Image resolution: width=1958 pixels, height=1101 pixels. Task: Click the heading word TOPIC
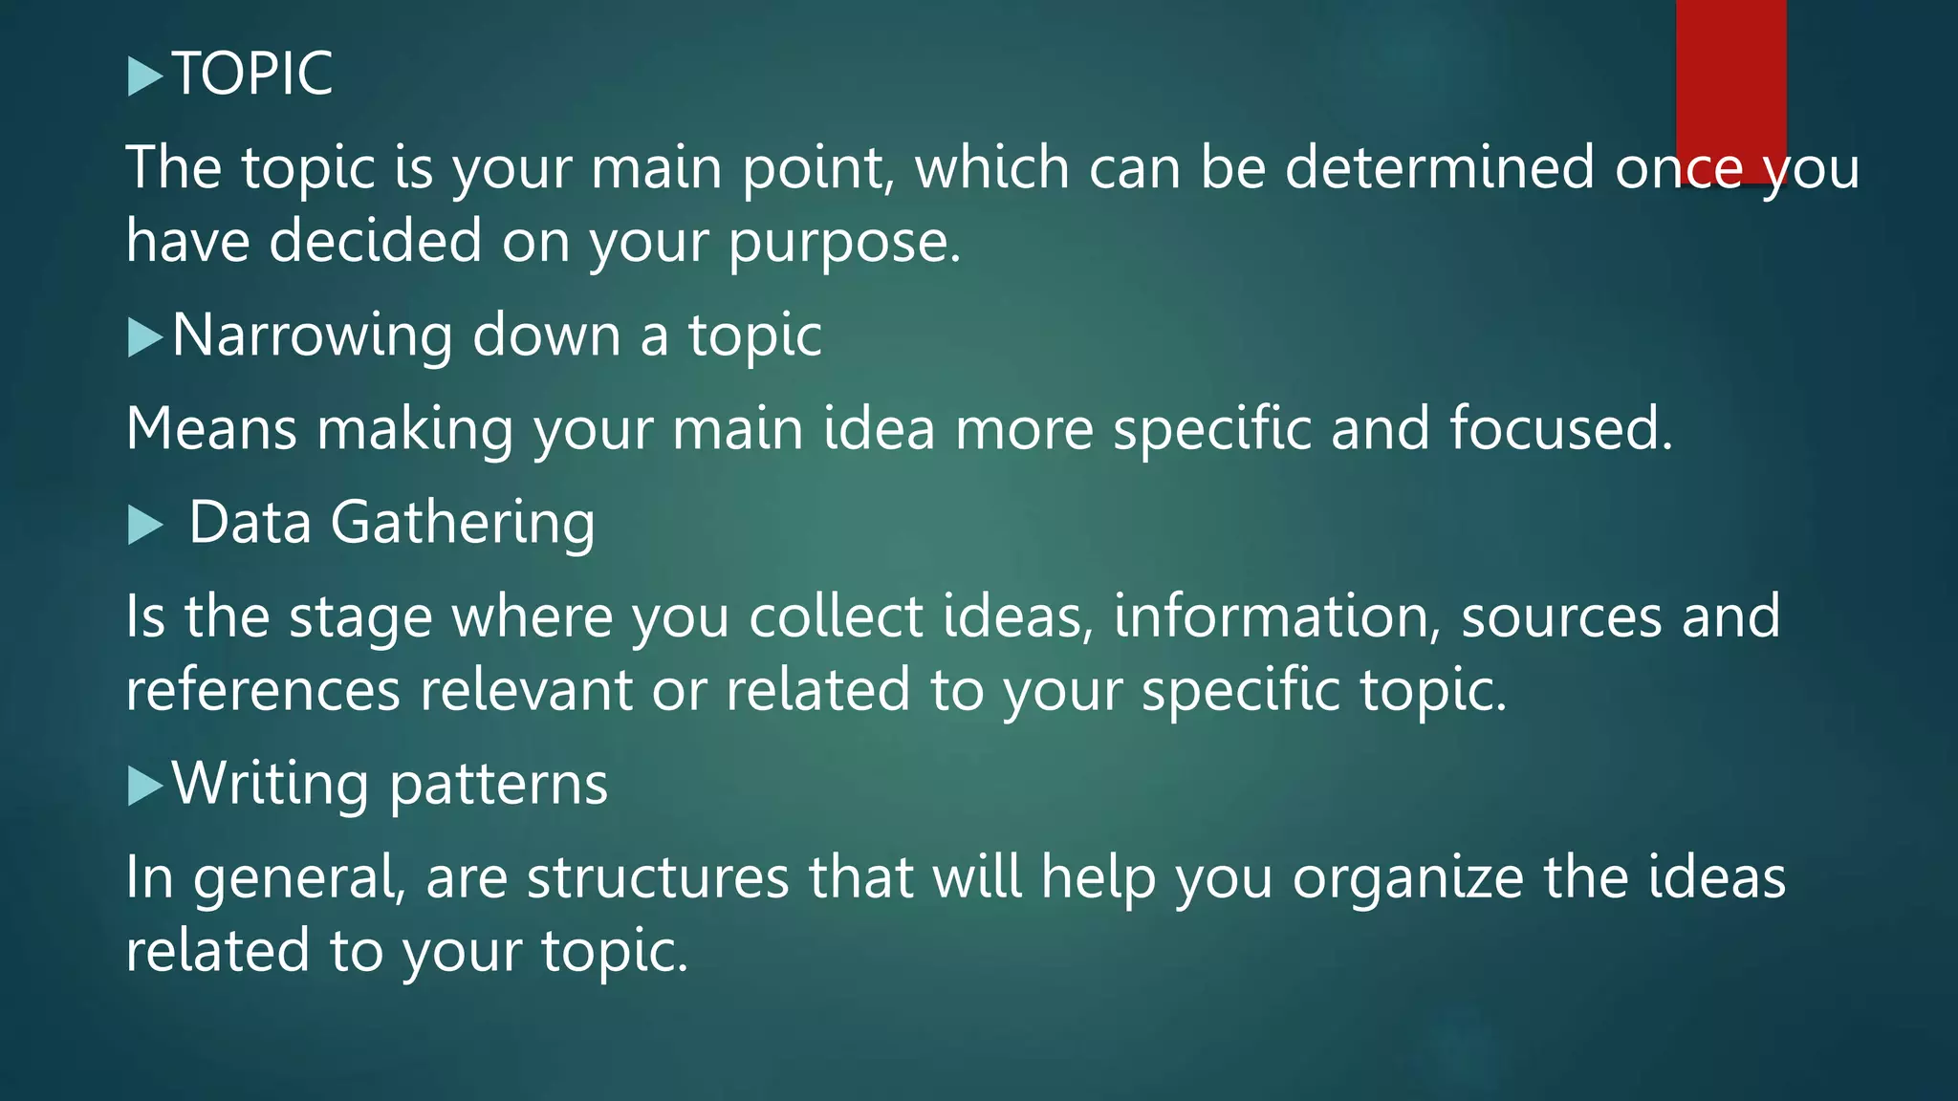pyautogui.click(x=252, y=74)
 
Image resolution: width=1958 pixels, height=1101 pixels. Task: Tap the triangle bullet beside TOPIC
pyautogui.click(x=144, y=76)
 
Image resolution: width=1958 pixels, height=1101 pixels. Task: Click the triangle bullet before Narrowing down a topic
pyautogui.click(x=144, y=337)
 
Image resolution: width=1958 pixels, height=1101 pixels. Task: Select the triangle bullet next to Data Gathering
pyautogui.click(x=144, y=525)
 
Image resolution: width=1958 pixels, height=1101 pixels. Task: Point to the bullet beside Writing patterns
pyautogui.click(x=144, y=786)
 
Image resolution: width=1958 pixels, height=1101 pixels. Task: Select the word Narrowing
pyautogui.click(x=312, y=335)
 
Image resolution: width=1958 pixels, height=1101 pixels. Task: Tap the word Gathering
pyautogui.click(x=463, y=525)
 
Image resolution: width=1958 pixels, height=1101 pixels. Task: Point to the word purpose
pyautogui.click(x=843, y=243)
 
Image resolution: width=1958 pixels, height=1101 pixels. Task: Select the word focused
pyautogui.click(x=1560, y=428)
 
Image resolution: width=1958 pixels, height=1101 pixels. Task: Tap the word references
pyautogui.click(x=263, y=690)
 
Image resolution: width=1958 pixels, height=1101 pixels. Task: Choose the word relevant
pyautogui.click(x=526, y=690)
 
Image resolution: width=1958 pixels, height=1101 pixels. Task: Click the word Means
pyautogui.click(x=211, y=428)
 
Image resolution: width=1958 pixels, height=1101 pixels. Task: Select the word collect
pyautogui.click(x=836, y=616)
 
